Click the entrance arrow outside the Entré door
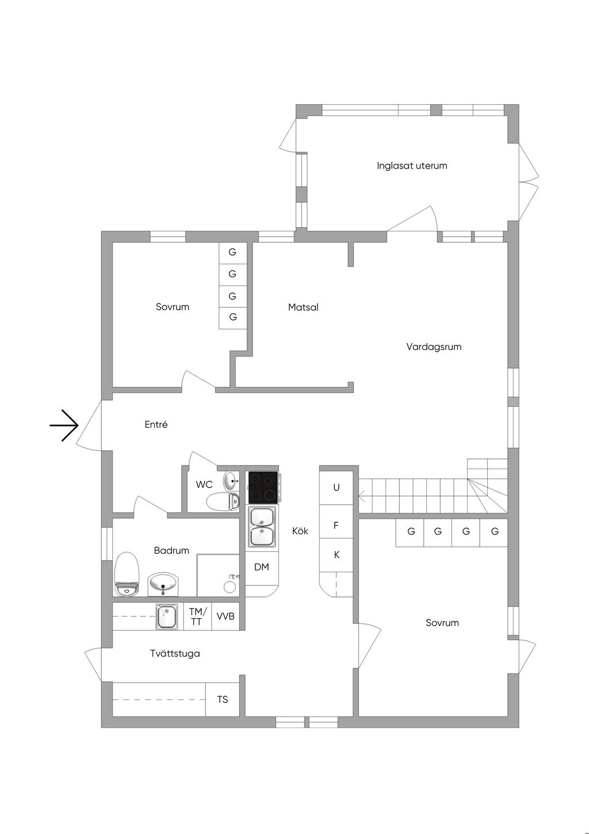pyautogui.click(x=64, y=425)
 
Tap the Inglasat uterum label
pyautogui.click(x=412, y=166)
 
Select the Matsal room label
pyautogui.click(x=303, y=307)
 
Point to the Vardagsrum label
pyautogui.click(x=434, y=346)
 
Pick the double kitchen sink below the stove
pyautogui.click(x=262, y=526)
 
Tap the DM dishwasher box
pyautogui.click(x=262, y=567)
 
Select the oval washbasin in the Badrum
pyautogui.click(x=163, y=584)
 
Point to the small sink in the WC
pyautogui.click(x=231, y=479)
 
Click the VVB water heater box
pyautogui.click(x=225, y=616)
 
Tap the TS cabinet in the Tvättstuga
pyautogui.click(x=223, y=699)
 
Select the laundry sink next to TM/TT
pyautogui.click(x=167, y=616)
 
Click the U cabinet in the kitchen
pyautogui.click(x=336, y=488)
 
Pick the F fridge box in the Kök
pyautogui.click(x=336, y=525)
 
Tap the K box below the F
pyautogui.click(x=336, y=555)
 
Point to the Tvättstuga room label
pyautogui.click(x=175, y=653)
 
